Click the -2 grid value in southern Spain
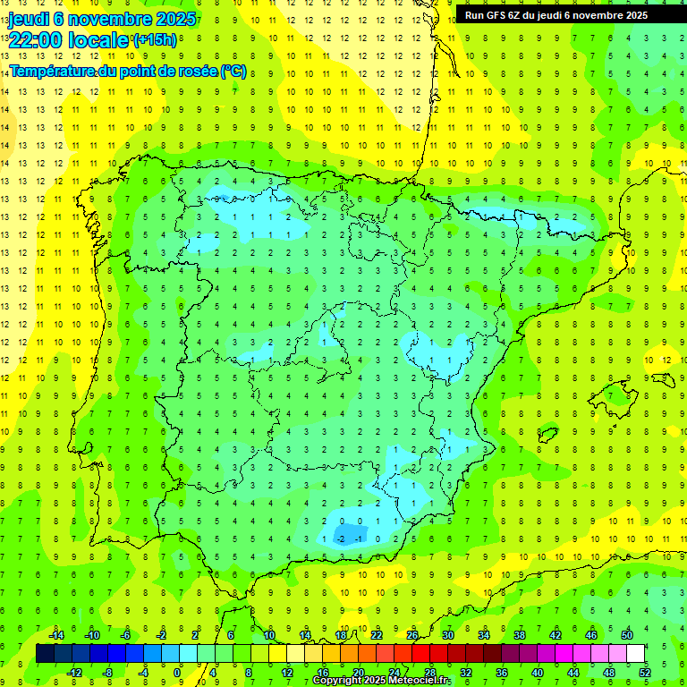click(340, 538)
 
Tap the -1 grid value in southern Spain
click(358, 538)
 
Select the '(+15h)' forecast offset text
click(155, 39)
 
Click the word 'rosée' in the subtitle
click(192, 71)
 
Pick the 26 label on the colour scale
click(412, 635)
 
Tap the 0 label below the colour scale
click(176, 672)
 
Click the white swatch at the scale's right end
click(635, 653)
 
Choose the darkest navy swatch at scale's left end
click(45, 653)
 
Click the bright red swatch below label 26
click(420, 653)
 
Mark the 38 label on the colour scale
click(520, 635)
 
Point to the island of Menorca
click(663, 359)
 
